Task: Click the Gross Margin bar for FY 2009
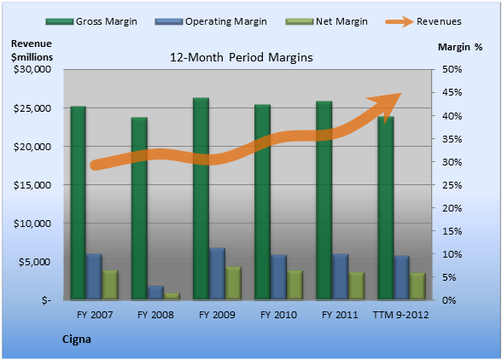pyautogui.click(x=201, y=199)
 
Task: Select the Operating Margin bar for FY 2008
pyautogui.click(x=155, y=293)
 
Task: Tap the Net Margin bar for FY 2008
pyautogui.click(x=172, y=296)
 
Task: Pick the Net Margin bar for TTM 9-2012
pyautogui.click(x=417, y=287)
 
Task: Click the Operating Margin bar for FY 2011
pyautogui.click(x=341, y=276)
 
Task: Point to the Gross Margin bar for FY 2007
pyautogui.click(x=79, y=203)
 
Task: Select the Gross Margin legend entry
pyautogui.click(x=91, y=21)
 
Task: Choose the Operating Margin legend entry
pyautogui.click(x=211, y=21)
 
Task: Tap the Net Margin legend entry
pyautogui.click(x=326, y=21)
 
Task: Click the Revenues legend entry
pyautogui.click(x=423, y=21)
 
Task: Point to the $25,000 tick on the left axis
pyautogui.click(x=32, y=108)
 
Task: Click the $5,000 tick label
pyautogui.click(x=35, y=262)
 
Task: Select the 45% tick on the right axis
pyautogui.click(x=452, y=92)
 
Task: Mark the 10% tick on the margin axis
pyautogui.click(x=452, y=254)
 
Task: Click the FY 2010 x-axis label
pyautogui.click(x=278, y=315)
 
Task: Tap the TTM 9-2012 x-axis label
pyautogui.click(x=401, y=315)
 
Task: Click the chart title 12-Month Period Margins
pyautogui.click(x=242, y=58)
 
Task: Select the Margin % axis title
pyautogui.click(x=460, y=47)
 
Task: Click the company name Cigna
pyautogui.click(x=77, y=340)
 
